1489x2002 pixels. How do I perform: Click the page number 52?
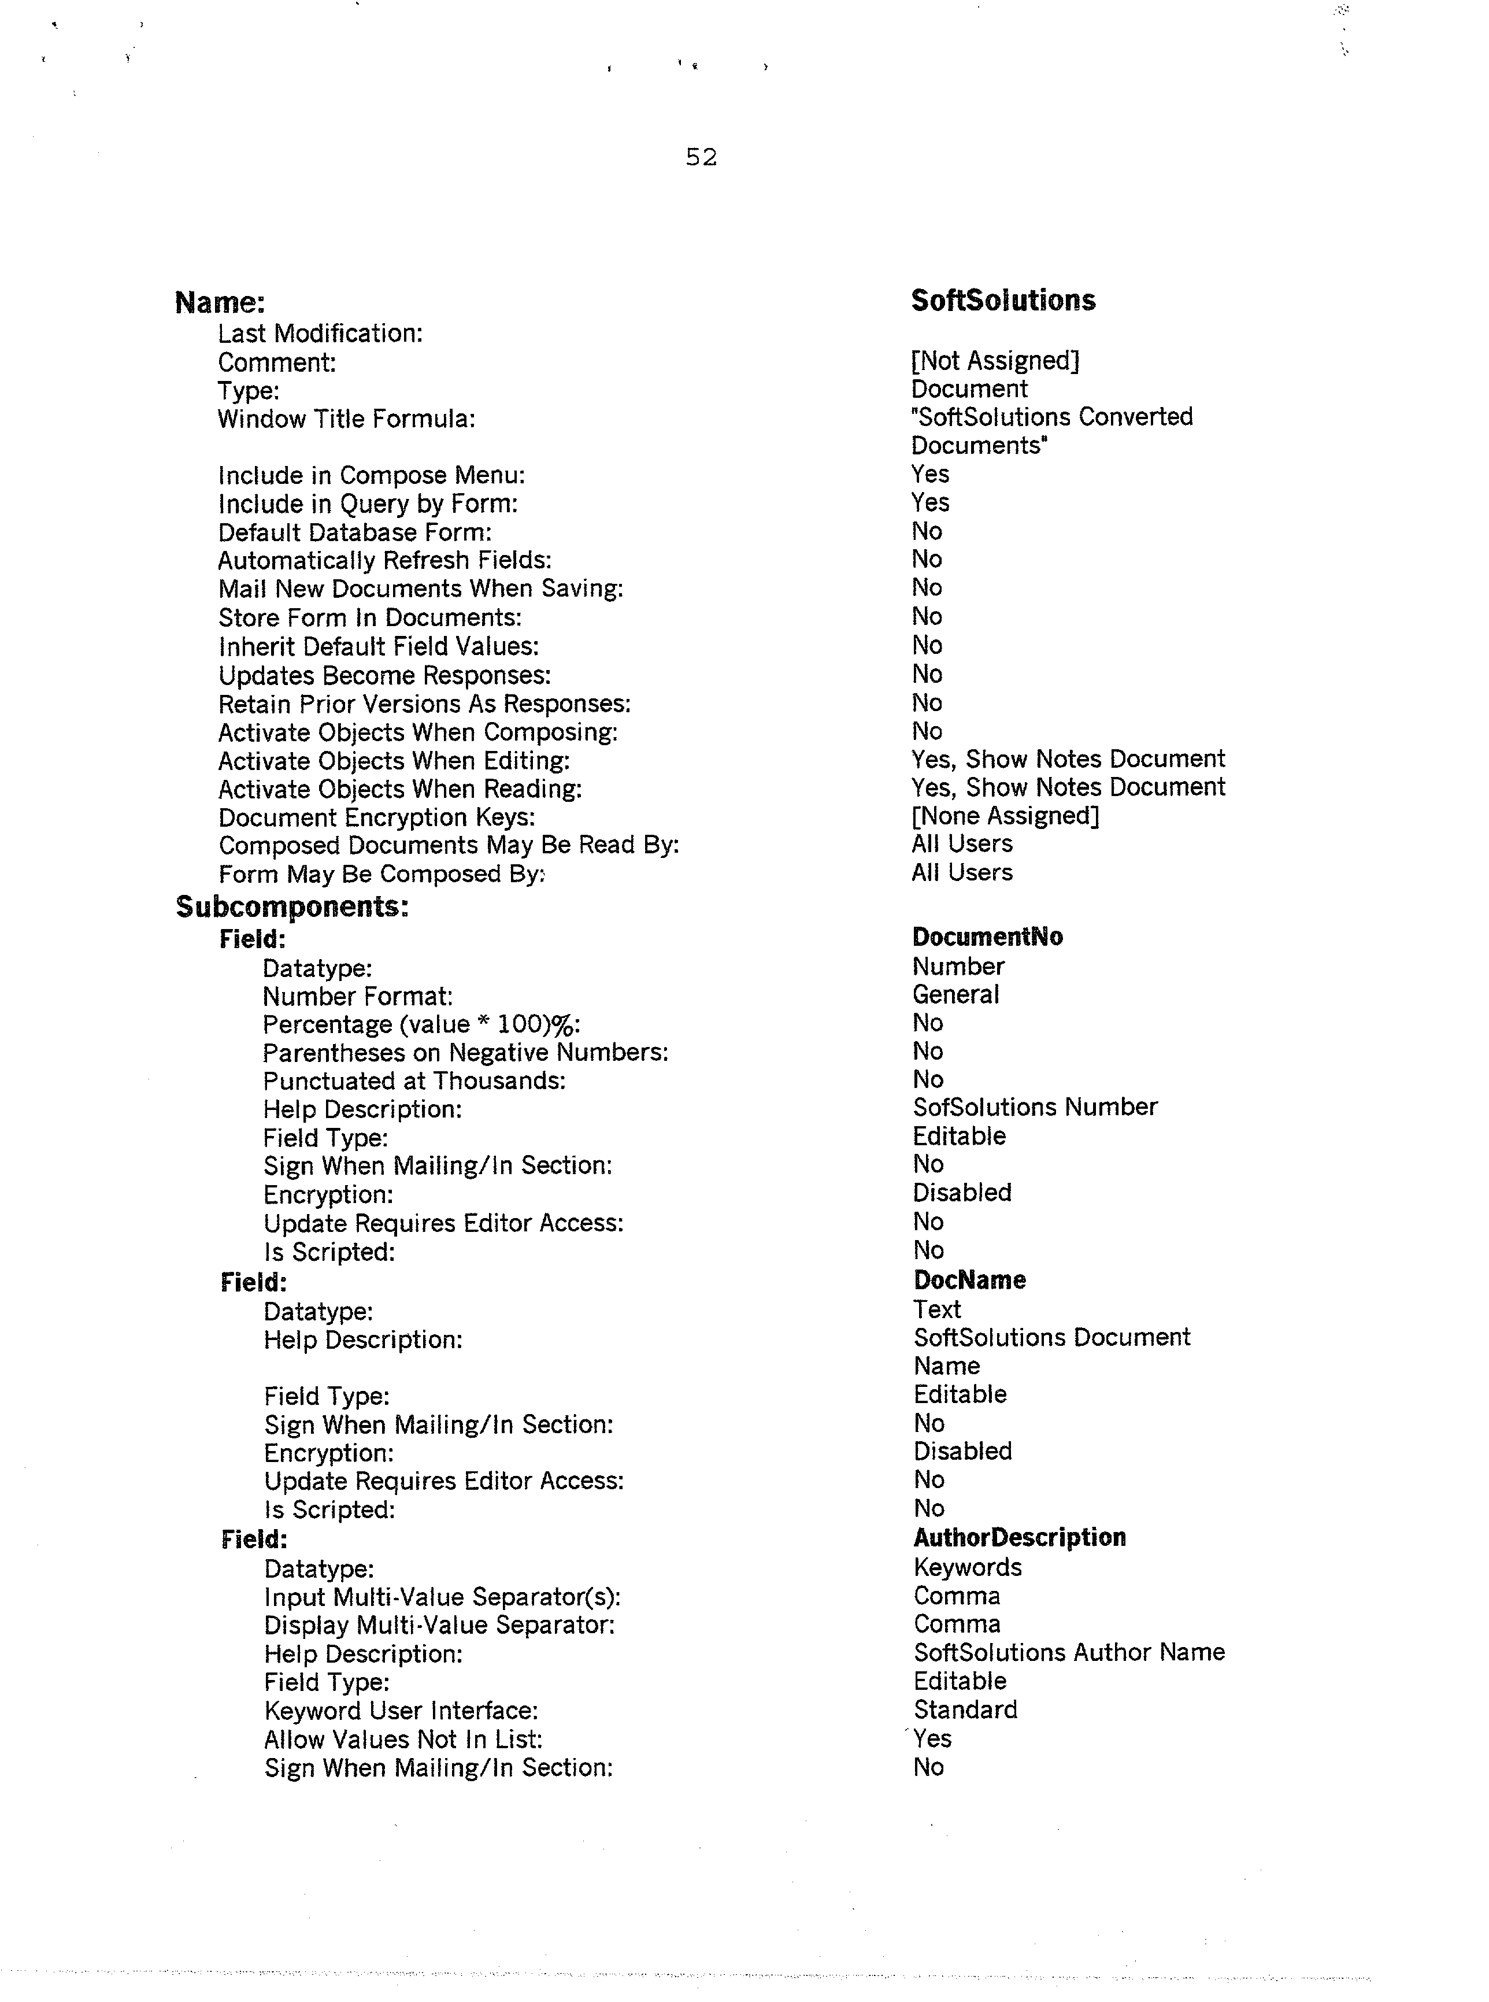pos(701,158)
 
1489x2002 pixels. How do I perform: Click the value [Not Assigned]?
pos(995,361)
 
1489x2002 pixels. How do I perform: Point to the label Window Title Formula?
pos(346,419)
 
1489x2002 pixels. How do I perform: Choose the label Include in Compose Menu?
pos(371,475)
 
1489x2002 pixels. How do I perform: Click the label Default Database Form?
pos(354,532)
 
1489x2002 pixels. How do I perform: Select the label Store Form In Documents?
pos(369,617)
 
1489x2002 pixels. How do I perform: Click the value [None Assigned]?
pos(1005,816)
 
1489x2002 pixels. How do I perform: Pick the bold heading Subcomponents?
pos(292,907)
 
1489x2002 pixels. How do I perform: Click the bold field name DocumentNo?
pos(987,938)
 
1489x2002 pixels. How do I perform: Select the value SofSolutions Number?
pos(1035,1107)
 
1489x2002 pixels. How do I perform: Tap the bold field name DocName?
pos(969,1280)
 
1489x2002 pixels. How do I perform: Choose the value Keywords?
pos(967,1567)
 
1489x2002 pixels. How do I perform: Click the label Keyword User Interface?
pos(401,1711)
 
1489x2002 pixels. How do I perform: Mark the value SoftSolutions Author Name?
pos(1069,1652)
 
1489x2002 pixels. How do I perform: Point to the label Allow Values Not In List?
pos(403,1740)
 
